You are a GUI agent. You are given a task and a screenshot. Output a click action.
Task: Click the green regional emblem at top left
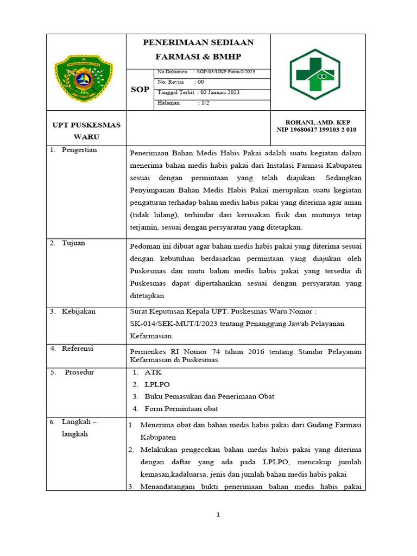tap(84, 79)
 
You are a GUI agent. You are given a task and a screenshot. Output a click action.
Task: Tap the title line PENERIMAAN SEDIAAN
tap(198, 43)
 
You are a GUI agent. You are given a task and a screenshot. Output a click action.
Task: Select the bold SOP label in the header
tap(140, 90)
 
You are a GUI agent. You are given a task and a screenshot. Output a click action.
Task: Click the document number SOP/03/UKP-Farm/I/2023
tap(226, 72)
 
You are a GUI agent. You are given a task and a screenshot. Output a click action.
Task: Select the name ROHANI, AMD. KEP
tap(316, 122)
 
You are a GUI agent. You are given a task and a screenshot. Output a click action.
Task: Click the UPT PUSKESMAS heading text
tap(86, 125)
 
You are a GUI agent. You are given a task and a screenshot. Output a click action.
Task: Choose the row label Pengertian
tap(79, 150)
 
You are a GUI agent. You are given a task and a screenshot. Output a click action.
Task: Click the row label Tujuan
tap(73, 243)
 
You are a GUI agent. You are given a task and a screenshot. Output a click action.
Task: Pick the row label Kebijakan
tap(78, 312)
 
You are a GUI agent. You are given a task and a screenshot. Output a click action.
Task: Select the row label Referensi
tap(77, 349)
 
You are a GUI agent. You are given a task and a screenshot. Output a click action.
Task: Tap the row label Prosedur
tap(79, 372)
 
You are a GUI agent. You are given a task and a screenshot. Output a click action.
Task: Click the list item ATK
tap(153, 372)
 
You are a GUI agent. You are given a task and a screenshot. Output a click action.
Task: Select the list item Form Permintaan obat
tap(181, 409)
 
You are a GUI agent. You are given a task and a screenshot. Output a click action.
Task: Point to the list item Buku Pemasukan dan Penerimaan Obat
tap(209, 396)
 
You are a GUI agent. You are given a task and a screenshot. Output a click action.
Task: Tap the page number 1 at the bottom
tap(218, 515)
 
